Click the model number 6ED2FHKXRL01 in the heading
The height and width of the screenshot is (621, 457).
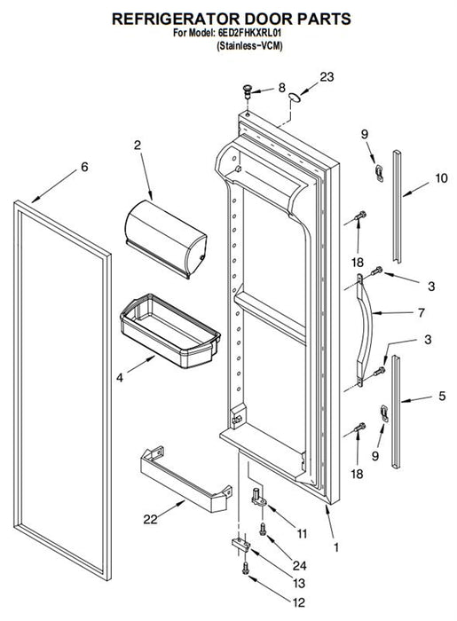(250, 33)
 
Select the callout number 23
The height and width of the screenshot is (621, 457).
(327, 77)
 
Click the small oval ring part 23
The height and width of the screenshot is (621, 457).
(295, 98)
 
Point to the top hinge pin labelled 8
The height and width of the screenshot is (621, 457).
(248, 92)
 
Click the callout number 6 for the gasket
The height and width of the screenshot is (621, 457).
(84, 167)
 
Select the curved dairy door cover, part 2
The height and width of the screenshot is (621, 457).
(166, 239)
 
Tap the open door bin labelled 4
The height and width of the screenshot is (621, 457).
(170, 331)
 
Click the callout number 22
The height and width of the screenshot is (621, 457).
(150, 519)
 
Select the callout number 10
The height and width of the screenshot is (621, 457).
(441, 178)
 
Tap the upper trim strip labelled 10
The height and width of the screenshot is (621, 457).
(397, 207)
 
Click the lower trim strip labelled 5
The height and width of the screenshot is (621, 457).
(396, 412)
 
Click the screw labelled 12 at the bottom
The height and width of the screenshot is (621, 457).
(245, 568)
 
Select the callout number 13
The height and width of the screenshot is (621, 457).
(299, 583)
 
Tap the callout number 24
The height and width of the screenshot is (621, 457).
(299, 565)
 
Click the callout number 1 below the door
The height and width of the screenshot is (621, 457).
(336, 547)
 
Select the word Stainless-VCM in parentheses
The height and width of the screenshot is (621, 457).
(250, 46)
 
